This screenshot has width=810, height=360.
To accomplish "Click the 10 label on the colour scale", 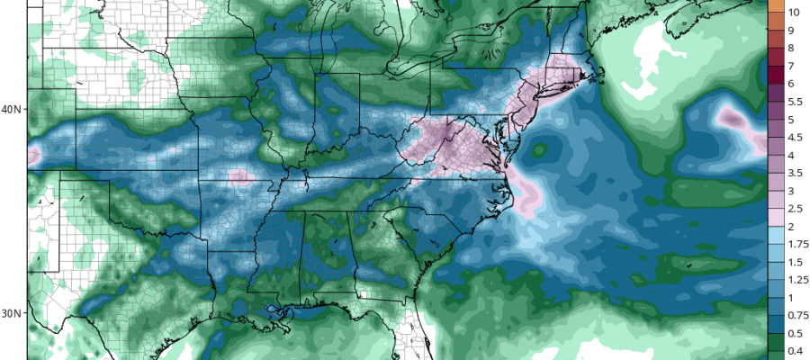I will point(794,13).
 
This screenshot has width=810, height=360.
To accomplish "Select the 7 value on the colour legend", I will point(790,66).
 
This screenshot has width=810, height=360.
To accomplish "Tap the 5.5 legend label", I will point(793,102).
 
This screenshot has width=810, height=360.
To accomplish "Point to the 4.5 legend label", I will point(793,137).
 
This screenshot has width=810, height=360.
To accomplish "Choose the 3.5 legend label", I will point(793,172).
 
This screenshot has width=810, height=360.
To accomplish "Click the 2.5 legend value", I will point(793,208).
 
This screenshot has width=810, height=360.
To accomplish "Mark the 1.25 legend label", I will point(796,279).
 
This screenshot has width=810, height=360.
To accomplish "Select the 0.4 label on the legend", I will point(793,350).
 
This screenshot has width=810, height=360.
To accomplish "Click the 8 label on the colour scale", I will point(790,48).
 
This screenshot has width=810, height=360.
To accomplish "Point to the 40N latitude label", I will point(13,110).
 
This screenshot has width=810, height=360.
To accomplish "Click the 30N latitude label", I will point(13,313).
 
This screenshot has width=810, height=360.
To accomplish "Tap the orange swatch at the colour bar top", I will point(774,4).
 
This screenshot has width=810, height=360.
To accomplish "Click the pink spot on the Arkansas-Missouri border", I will point(238,176).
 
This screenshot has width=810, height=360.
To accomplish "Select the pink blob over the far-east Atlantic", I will point(731,118).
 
